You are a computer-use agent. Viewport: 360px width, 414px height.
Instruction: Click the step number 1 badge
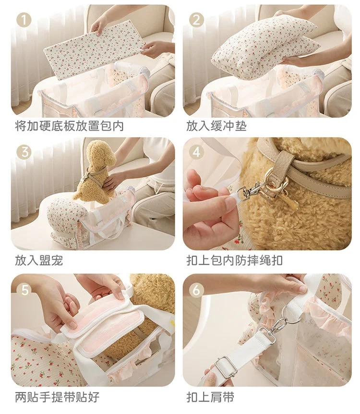point(24,20)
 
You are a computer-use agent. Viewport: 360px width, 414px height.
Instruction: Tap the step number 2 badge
point(197,20)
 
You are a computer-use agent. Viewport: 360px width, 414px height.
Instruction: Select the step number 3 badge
point(24,153)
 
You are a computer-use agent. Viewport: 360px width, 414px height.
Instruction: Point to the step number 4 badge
point(197,153)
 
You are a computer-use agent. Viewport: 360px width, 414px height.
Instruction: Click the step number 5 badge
point(24,291)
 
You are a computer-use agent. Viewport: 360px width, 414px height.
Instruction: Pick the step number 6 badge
point(197,291)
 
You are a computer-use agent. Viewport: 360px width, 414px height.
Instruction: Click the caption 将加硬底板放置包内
point(70,126)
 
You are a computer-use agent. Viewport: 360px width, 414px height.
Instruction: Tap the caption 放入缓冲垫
point(216,126)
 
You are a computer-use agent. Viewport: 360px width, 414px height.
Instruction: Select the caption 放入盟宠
point(39,260)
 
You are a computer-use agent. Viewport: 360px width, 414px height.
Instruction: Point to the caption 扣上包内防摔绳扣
point(235,260)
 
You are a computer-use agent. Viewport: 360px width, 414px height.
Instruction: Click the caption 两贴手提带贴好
point(57,397)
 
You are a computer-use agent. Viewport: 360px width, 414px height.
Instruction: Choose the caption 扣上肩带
point(210,397)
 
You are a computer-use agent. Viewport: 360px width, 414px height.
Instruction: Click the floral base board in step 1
point(95,50)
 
